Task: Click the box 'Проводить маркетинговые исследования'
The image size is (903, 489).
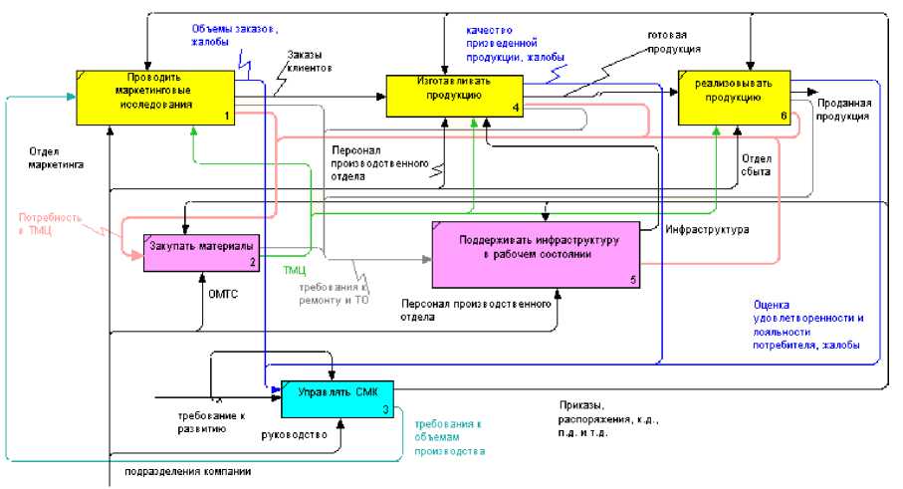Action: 155,97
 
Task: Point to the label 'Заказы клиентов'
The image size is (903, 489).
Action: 309,62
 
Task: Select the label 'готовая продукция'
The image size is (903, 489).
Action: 675,41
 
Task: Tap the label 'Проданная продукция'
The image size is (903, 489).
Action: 844,110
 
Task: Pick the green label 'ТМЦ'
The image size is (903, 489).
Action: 295,270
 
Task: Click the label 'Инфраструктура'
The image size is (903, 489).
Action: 707,230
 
